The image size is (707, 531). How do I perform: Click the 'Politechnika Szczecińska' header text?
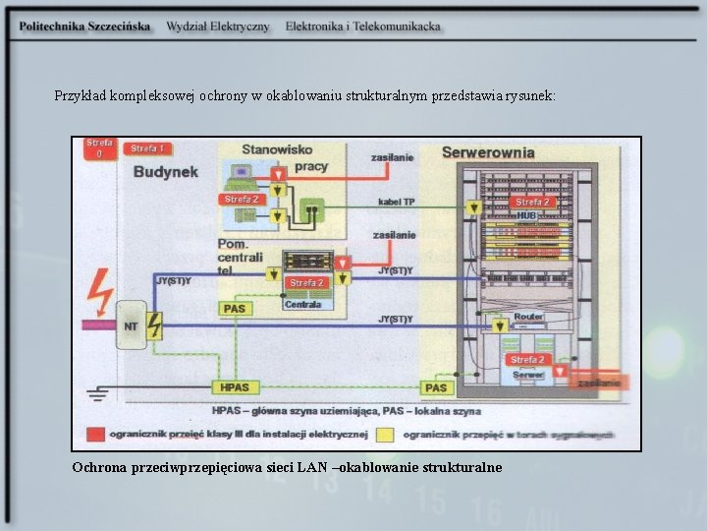click(84, 27)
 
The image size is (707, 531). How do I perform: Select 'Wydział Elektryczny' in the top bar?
click(217, 27)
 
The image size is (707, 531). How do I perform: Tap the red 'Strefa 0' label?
click(97, 147)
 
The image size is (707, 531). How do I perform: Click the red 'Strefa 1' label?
click(147, 148)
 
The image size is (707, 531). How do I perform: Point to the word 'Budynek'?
click(165, 171)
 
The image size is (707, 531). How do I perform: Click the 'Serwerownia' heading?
click(488, 152)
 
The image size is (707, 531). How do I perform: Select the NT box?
click(130, 325)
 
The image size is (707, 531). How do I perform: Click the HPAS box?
click(234, 387)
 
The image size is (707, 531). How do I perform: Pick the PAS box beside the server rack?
click(434, 387)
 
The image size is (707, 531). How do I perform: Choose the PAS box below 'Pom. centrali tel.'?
click(234, 309)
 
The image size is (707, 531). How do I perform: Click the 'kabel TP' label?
click(397, 202)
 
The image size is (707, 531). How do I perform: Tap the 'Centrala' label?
click(302, 305)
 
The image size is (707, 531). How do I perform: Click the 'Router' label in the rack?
click(527, 317)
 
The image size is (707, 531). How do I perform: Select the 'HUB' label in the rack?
click(527, 214)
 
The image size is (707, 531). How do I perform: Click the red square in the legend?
click(95, 434)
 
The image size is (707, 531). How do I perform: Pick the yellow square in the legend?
click(385, 434)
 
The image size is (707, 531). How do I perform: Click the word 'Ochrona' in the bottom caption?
click(97, 467)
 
